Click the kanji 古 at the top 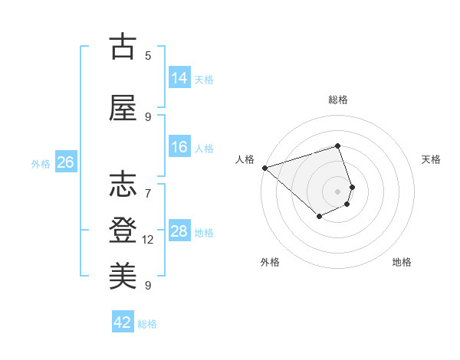(123, 47)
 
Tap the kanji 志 (123, 186)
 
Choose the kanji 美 (123, 275)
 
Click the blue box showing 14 (179, 77)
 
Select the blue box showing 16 (179, 147)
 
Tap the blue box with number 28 (179, 231)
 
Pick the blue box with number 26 (66, 162)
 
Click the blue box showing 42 (123, 322)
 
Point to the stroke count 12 (149, 240)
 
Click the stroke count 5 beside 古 (148, 56)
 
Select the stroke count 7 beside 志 (148, 186)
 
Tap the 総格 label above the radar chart (337, 100)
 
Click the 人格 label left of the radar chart (245, 159)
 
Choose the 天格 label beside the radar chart (431, 159)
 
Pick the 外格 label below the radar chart (270, 262)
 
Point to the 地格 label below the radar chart (402, 262)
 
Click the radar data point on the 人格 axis (264, 168)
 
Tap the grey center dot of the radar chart (337, 191)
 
